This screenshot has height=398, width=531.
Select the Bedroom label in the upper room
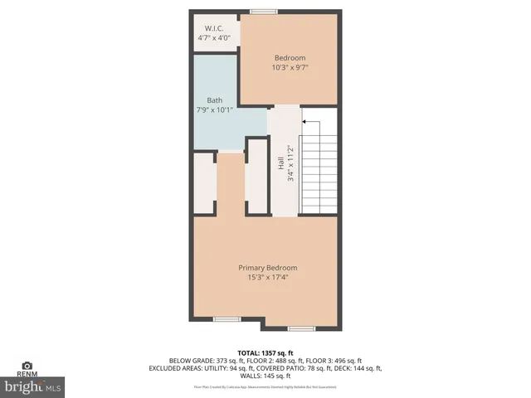(290, 58)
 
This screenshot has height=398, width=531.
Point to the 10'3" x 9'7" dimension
(290, 68)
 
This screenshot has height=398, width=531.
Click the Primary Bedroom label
(267, 268)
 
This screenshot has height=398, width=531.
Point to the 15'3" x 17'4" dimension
(267, 278)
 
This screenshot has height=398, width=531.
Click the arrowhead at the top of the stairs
(305, 122)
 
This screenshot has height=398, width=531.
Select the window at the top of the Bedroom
(264, 12)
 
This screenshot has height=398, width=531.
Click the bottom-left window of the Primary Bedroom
(227, 319)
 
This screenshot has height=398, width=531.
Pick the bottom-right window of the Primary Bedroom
(301, 328)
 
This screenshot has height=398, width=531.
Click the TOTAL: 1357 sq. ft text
(266, 352)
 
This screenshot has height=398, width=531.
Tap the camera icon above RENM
(27, 366)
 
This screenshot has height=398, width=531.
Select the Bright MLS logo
(33, 387)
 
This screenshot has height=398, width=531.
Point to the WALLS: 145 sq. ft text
(266, 376)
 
